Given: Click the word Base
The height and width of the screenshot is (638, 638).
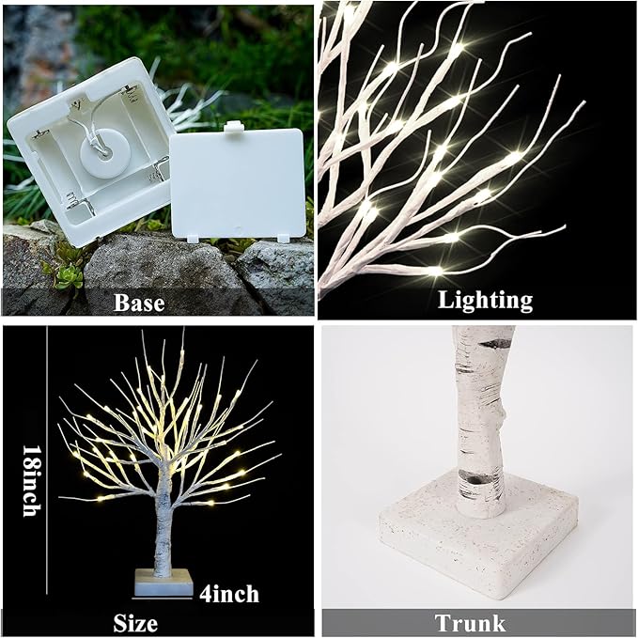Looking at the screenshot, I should (x=138, y=302).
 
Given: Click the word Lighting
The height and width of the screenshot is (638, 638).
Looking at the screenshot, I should (x=485, y=300).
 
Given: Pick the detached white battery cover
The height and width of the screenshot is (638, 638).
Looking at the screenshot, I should (x=240, y=183).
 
